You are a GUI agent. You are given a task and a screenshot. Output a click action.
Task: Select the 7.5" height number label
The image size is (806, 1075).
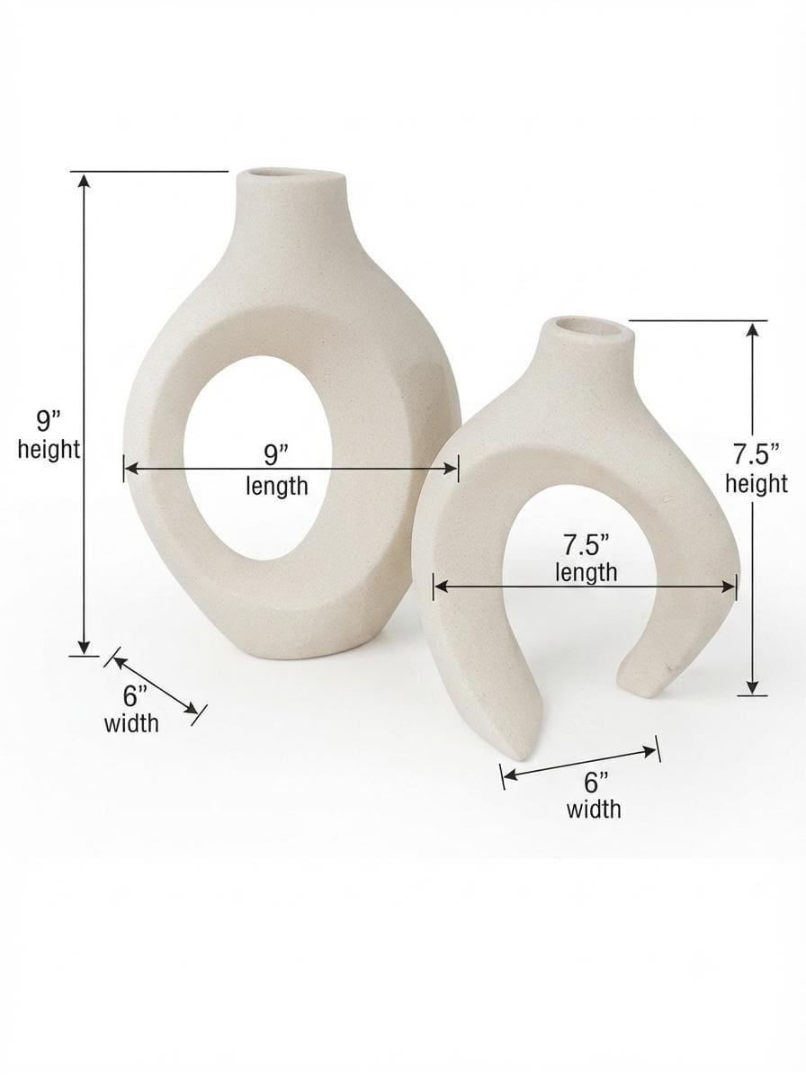click(757, 454)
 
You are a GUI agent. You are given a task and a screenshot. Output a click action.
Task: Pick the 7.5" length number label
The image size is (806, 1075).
click(586, 546)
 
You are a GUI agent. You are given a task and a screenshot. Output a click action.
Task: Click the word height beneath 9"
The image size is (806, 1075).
click(49, 451)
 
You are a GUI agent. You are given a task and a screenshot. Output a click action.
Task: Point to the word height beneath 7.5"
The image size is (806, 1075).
click(757, 484)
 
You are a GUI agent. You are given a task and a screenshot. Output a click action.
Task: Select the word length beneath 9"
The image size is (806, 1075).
click(277, 487)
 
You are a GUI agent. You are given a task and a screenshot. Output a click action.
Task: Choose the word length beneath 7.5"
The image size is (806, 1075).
click(586, 572)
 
